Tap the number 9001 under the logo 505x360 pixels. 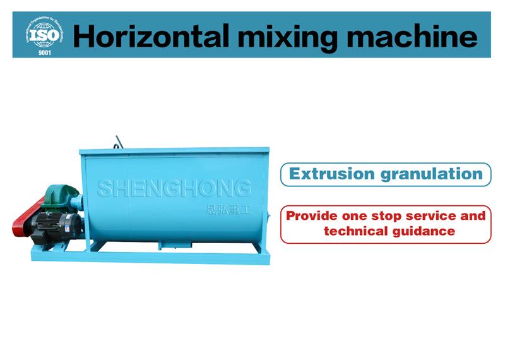(x=44, y=52)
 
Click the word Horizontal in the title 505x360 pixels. (x=151, y=36)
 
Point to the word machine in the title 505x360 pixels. (x=412, y=36)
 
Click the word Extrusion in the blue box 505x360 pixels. (x=332, y=174)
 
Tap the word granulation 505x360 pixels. (x=432, y=175)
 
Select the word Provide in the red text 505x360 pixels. (x=312, y=215)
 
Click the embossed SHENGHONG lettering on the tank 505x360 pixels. (x=174, y=188)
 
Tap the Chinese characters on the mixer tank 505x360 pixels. (x=229, y=210)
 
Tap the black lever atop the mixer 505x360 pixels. (x=119, y=142)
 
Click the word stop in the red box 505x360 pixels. (x=386, y=216)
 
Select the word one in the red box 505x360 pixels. (x=354, y=216)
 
